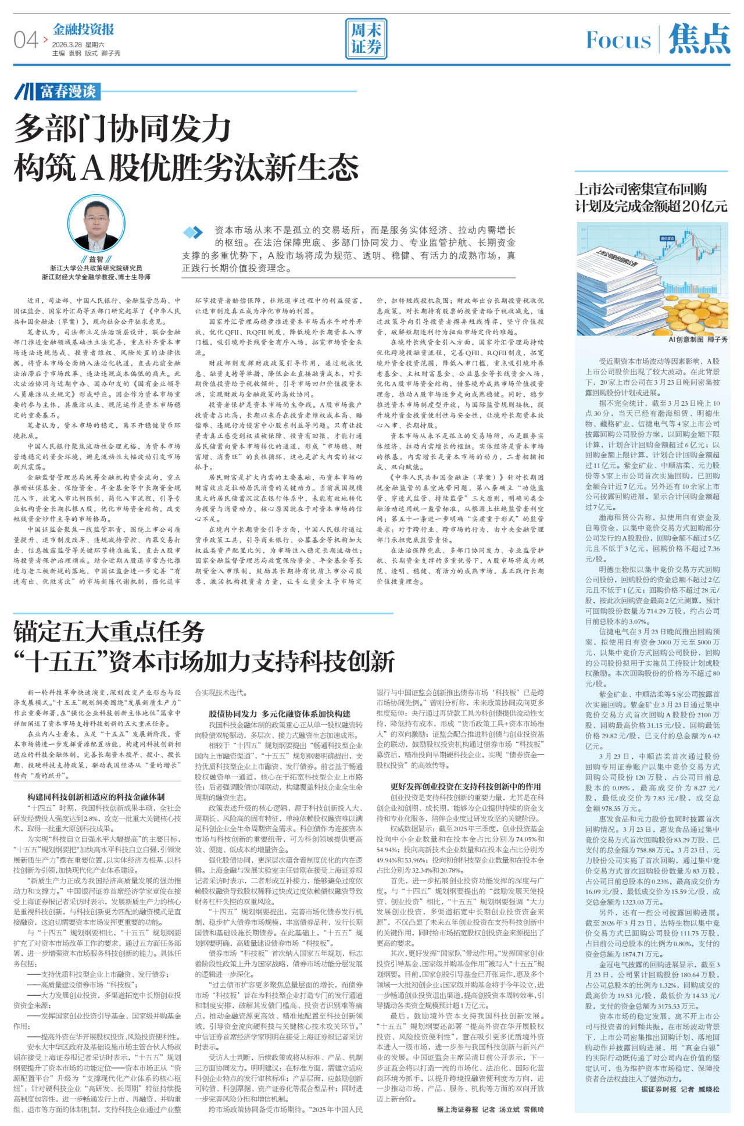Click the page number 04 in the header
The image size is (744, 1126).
26,40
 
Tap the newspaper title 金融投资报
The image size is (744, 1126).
83,29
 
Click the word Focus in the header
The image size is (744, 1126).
618,40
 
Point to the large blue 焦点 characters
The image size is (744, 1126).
699,39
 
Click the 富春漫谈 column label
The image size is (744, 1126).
67,91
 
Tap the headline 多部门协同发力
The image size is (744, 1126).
123,128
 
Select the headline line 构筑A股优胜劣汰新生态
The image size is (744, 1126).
186,167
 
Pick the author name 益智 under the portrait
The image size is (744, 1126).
96,259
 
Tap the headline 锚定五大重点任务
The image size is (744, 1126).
109,631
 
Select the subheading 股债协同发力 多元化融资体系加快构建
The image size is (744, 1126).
279,713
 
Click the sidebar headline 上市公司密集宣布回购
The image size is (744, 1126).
641,189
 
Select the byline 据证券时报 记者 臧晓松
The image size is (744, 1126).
680,1089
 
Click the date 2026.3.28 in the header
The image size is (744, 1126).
67,45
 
